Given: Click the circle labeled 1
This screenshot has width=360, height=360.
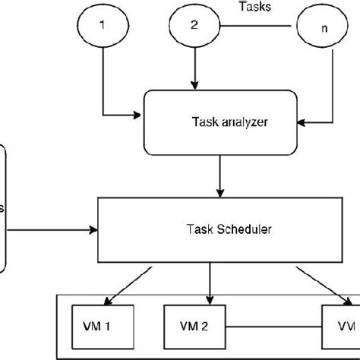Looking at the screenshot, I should point(102,25).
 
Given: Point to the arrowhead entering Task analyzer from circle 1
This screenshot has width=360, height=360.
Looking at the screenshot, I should point(137,115).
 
